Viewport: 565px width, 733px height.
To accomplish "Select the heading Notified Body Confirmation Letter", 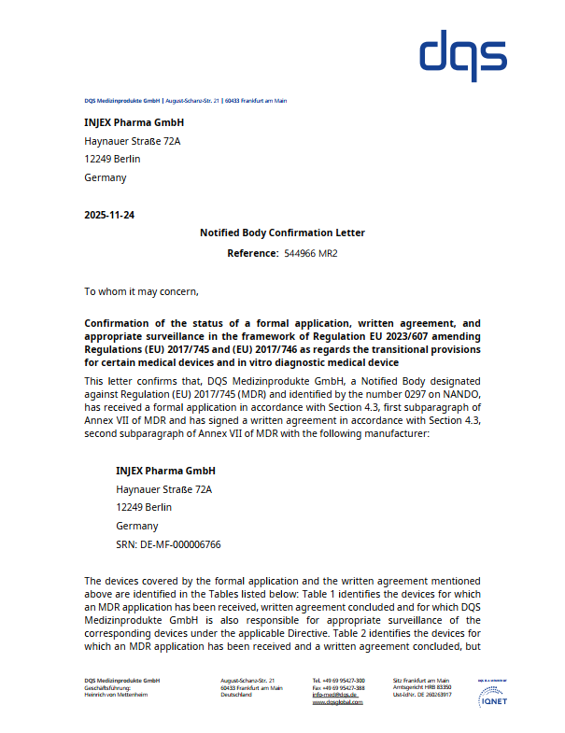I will click(282, 233).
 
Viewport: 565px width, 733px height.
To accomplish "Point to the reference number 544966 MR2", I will click(310, 253).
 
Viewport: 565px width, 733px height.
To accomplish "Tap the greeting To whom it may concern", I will click(141, 291).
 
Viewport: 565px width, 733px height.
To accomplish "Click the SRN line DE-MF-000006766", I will click(168, 544).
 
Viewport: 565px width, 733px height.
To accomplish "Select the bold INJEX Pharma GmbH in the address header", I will click(134, 122).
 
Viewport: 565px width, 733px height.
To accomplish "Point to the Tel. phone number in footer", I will click(339, 681).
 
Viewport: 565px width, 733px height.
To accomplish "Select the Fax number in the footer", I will click(339, 688).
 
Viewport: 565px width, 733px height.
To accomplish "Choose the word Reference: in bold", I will click(252, 253).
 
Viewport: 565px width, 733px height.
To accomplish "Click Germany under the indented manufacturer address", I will click(136, 526).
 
